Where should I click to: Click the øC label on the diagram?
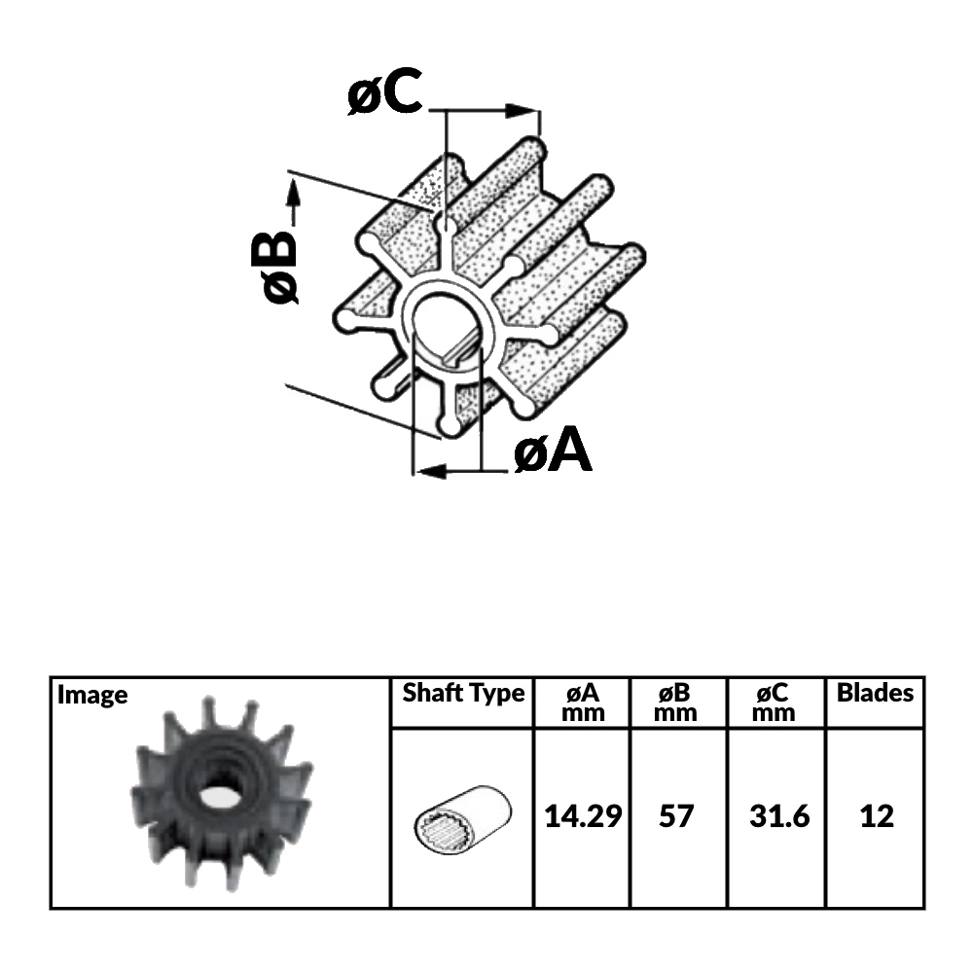click(x=385, y=94)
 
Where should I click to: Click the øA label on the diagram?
click(x=553, y=451)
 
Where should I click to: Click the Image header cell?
click(x=92, y=695)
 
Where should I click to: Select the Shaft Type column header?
click(x=463, y=694)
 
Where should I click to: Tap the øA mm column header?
click(x=582, y=702)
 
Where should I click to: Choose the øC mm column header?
click(x=775, y=702)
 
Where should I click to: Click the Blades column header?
click(x=875, y=693)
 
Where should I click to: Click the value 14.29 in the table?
click(x=582, y=815)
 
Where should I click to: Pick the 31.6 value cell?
click(x=779, y=815)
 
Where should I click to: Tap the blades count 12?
click(x=877, y=815)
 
